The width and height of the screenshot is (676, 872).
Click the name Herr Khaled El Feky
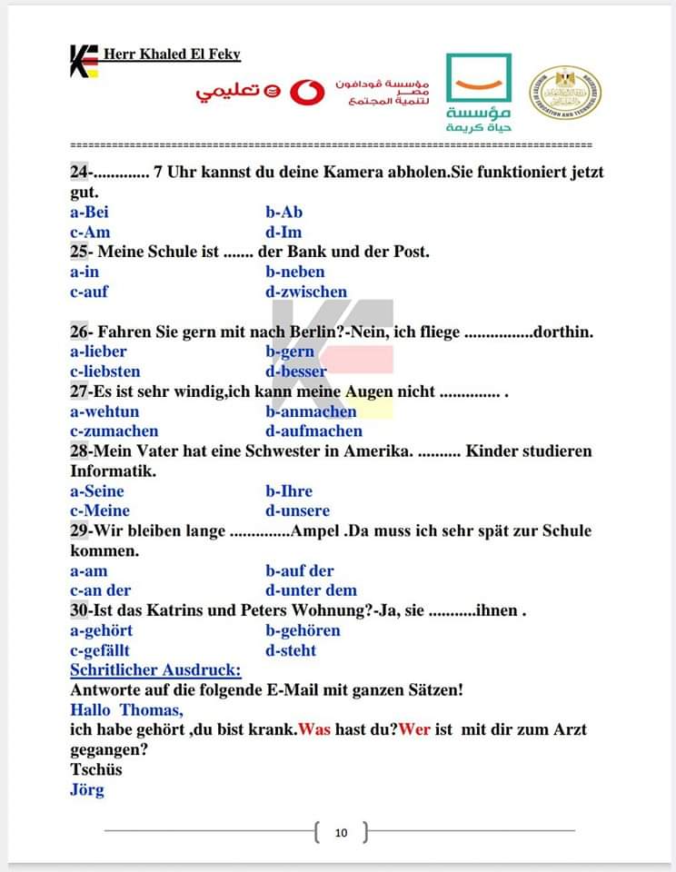[x=172, y=54]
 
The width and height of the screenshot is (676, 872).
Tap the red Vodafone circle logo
[x=307, y=93]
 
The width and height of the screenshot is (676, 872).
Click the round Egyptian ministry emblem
[x=565, y=94]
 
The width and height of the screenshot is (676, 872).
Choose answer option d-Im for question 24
[x=283, y=232]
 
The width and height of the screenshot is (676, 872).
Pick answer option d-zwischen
[x=306, y=292]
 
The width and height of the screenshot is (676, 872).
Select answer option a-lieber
[x=98, y=352]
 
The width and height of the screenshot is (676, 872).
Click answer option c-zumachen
[x=114, y=431]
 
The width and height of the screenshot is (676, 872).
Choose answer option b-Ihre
[x=289, y=491]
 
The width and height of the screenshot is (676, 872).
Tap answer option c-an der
[x=101, y=590]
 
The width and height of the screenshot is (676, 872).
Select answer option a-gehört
[x=102, y=630]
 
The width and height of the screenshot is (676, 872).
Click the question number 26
[x=79, y=332]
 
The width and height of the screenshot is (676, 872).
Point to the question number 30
[x=79, y=610]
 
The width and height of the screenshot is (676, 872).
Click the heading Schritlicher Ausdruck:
[x=155, y=670]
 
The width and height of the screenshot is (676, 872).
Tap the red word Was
[x=314, y=729]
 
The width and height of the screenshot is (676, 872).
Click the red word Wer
[x=414, y=729]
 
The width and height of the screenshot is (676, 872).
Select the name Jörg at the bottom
[x=87, y=789]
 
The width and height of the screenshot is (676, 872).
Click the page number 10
[x=341, y=832]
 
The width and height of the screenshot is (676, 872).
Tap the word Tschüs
[x=95, y=769]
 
